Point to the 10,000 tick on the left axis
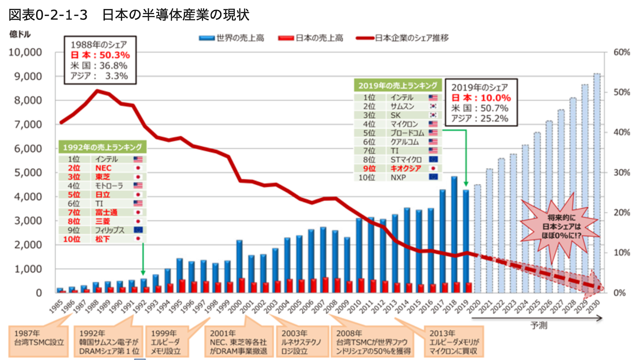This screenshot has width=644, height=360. (25, 52)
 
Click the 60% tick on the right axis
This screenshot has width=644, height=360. (621, 52)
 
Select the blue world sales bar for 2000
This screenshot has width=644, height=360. (239, 266)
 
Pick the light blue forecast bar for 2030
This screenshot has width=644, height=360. (597, 181)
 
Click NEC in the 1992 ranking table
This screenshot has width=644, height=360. (103, 168)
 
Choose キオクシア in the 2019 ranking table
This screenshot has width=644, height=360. (406, 169)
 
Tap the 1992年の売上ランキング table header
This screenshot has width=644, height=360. (102, 147)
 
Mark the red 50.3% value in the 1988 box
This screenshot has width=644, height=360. (114, 55)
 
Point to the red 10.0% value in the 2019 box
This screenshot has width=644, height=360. (495, 98)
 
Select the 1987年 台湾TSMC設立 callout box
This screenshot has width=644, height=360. (39, 341)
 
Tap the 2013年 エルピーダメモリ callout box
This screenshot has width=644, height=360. (454, 342)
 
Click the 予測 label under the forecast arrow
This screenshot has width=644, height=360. (539, 325)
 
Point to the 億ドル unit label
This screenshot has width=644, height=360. (20, 34)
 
